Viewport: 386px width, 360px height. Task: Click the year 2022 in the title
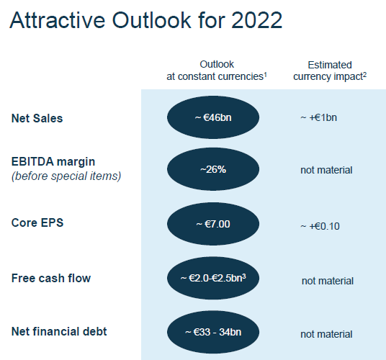256,20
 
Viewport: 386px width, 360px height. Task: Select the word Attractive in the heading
58,20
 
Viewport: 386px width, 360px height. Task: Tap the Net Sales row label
37,118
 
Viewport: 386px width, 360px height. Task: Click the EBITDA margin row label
53,162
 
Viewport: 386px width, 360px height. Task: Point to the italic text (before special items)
66,176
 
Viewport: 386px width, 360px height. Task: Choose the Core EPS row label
37,222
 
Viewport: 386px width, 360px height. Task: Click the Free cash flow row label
51,278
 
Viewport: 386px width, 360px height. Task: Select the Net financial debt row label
59,331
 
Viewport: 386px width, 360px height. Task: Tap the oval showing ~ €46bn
213,117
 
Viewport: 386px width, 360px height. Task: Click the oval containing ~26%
213,169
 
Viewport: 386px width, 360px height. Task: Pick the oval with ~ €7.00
213,224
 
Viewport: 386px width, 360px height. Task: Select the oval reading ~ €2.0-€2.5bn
213,278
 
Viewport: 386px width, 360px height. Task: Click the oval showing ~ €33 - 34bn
213,332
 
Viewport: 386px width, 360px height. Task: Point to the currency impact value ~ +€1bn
318,117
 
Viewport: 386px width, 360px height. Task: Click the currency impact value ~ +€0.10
320,226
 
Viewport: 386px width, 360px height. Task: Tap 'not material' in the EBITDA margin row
326,170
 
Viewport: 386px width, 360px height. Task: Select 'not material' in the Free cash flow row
328,281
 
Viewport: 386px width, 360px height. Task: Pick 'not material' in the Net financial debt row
326,334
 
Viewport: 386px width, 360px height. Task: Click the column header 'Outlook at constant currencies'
217,71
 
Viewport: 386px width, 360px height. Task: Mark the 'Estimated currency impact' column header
330,71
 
